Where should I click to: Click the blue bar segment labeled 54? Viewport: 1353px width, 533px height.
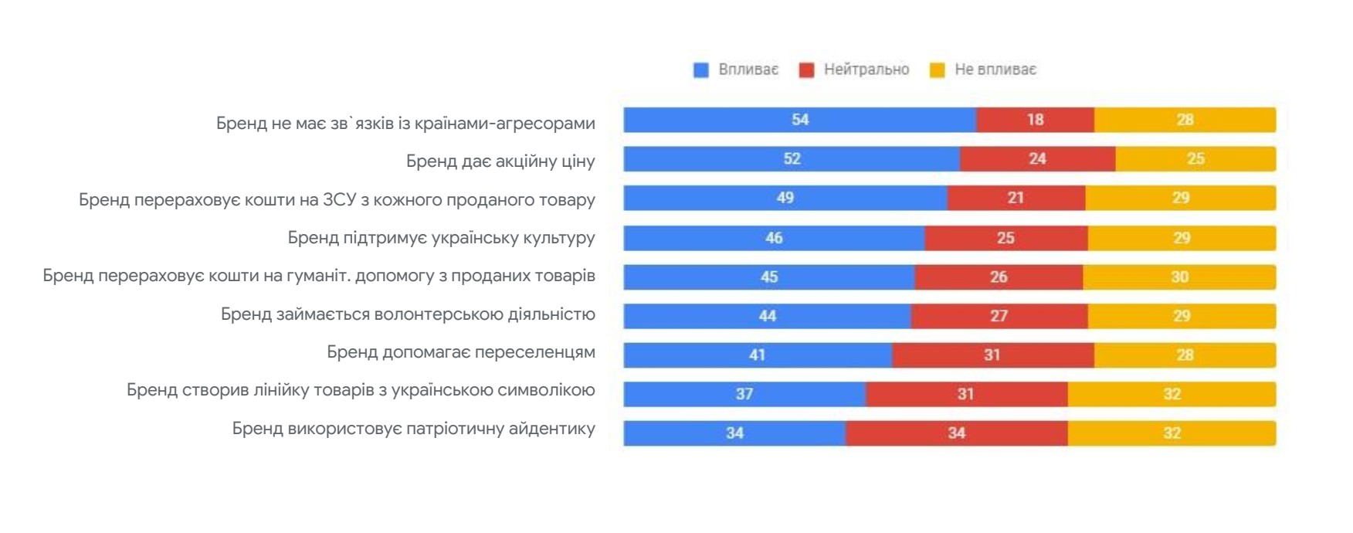tap(799, 120)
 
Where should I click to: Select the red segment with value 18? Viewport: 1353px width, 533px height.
tap(1035, 120)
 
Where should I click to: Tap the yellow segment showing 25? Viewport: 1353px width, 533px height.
tap(1195, 159)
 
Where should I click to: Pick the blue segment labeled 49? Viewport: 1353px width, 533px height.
tap(785, 198)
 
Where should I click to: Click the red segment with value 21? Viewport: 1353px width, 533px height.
tap(1016, 198)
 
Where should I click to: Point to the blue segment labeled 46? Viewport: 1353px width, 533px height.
tap(774, 238)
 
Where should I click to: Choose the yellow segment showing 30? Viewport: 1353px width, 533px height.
tap(1179, 277)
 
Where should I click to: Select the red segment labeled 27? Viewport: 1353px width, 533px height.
tap(999, 316)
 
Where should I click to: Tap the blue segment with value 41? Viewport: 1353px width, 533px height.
tap(757, 355)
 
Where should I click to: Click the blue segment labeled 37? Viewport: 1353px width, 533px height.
tap(744, 394)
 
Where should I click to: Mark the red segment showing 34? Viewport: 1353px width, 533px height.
tap(956, 433)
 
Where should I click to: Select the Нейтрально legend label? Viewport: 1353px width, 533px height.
tap(866, 70)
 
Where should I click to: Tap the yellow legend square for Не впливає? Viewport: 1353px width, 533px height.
tap(937, 70)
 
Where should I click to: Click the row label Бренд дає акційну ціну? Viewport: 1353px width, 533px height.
tap(500, 161)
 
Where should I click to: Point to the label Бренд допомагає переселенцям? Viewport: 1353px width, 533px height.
tap(460, 352)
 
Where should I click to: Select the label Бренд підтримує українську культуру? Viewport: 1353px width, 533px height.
tap(441, 238)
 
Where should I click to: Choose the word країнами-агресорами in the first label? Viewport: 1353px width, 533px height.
tap(504, 124)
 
